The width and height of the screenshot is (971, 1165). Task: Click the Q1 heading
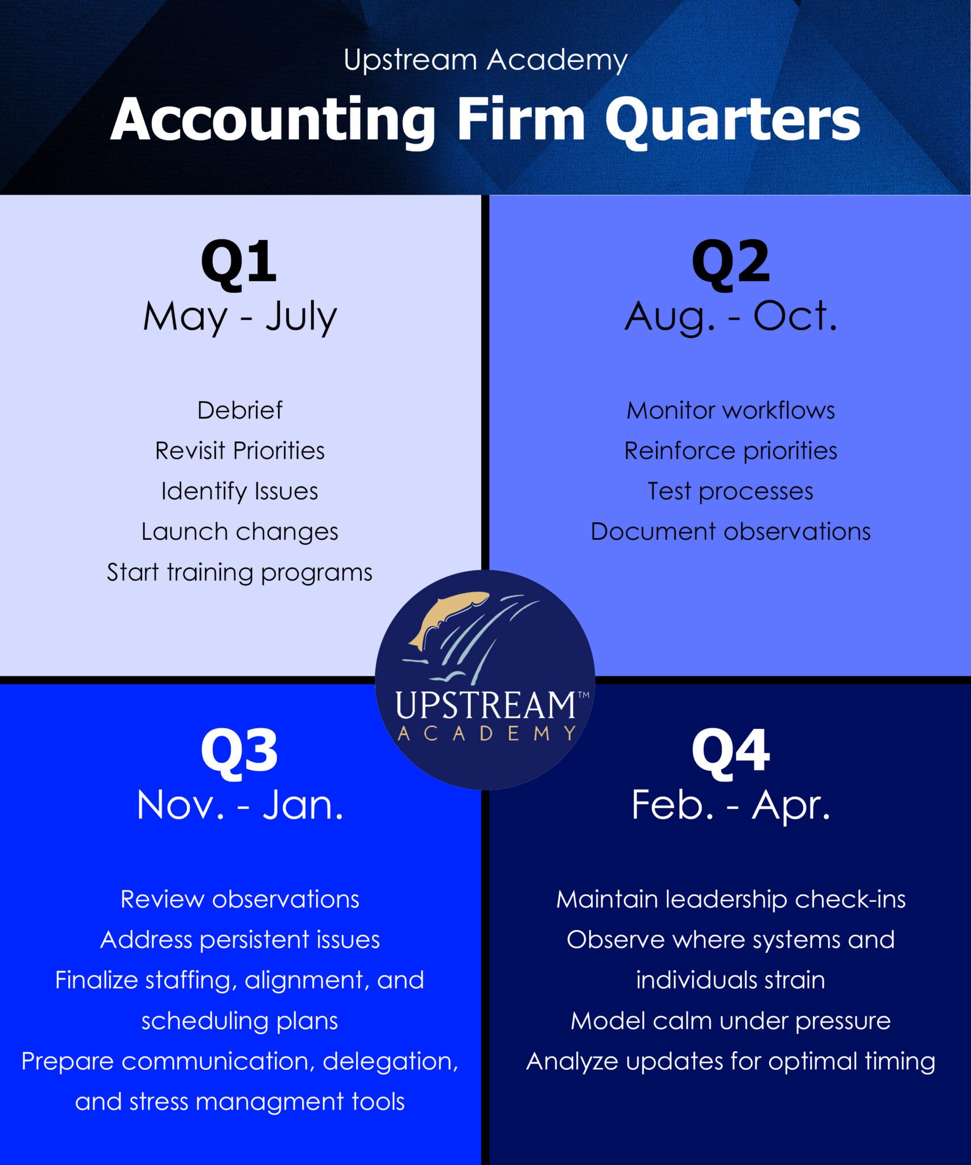point(239,262)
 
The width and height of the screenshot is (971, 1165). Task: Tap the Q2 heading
point(730,262)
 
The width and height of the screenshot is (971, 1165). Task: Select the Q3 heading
point(239,751)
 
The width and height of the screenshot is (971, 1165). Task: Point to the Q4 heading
point(730,751)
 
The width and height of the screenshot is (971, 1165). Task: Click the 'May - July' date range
point(240,317)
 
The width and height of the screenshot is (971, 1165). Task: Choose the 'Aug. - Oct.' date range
point(731,317)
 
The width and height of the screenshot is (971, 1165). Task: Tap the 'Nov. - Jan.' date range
point(240,805)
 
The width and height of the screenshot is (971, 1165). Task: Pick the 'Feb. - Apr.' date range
point(731,806)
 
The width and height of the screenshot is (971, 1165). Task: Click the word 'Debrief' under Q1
point(239,410)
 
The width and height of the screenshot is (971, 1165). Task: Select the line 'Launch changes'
point(239,532)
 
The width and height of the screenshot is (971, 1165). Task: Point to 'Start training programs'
point(239,573)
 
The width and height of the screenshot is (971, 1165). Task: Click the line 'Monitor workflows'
point(731,410)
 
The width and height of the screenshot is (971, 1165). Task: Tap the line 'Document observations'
point(731,531)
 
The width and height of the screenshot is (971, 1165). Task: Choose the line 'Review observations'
point(239,899)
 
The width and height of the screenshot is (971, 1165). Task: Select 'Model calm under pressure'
point(731,1021)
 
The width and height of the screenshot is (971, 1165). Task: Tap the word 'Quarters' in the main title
point(732,120)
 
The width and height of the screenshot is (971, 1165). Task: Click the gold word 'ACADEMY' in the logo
point(486,733)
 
